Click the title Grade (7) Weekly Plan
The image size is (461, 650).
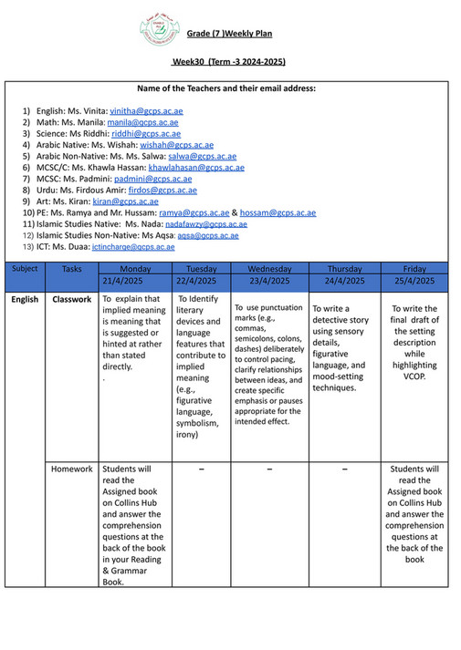coord(229,34)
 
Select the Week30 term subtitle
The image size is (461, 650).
coord(229,61)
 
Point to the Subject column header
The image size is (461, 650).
coord(26,269)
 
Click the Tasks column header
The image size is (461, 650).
coord(72,269)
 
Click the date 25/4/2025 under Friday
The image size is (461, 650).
coord(414,282)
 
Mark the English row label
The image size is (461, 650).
coord(26,299)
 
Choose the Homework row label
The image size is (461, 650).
coord(72,469)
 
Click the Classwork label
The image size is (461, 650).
coord(72,299)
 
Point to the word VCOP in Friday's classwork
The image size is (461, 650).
coord(414,377)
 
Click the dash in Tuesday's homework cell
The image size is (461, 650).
coord(201,469)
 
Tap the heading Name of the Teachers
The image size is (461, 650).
coord(226,88)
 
